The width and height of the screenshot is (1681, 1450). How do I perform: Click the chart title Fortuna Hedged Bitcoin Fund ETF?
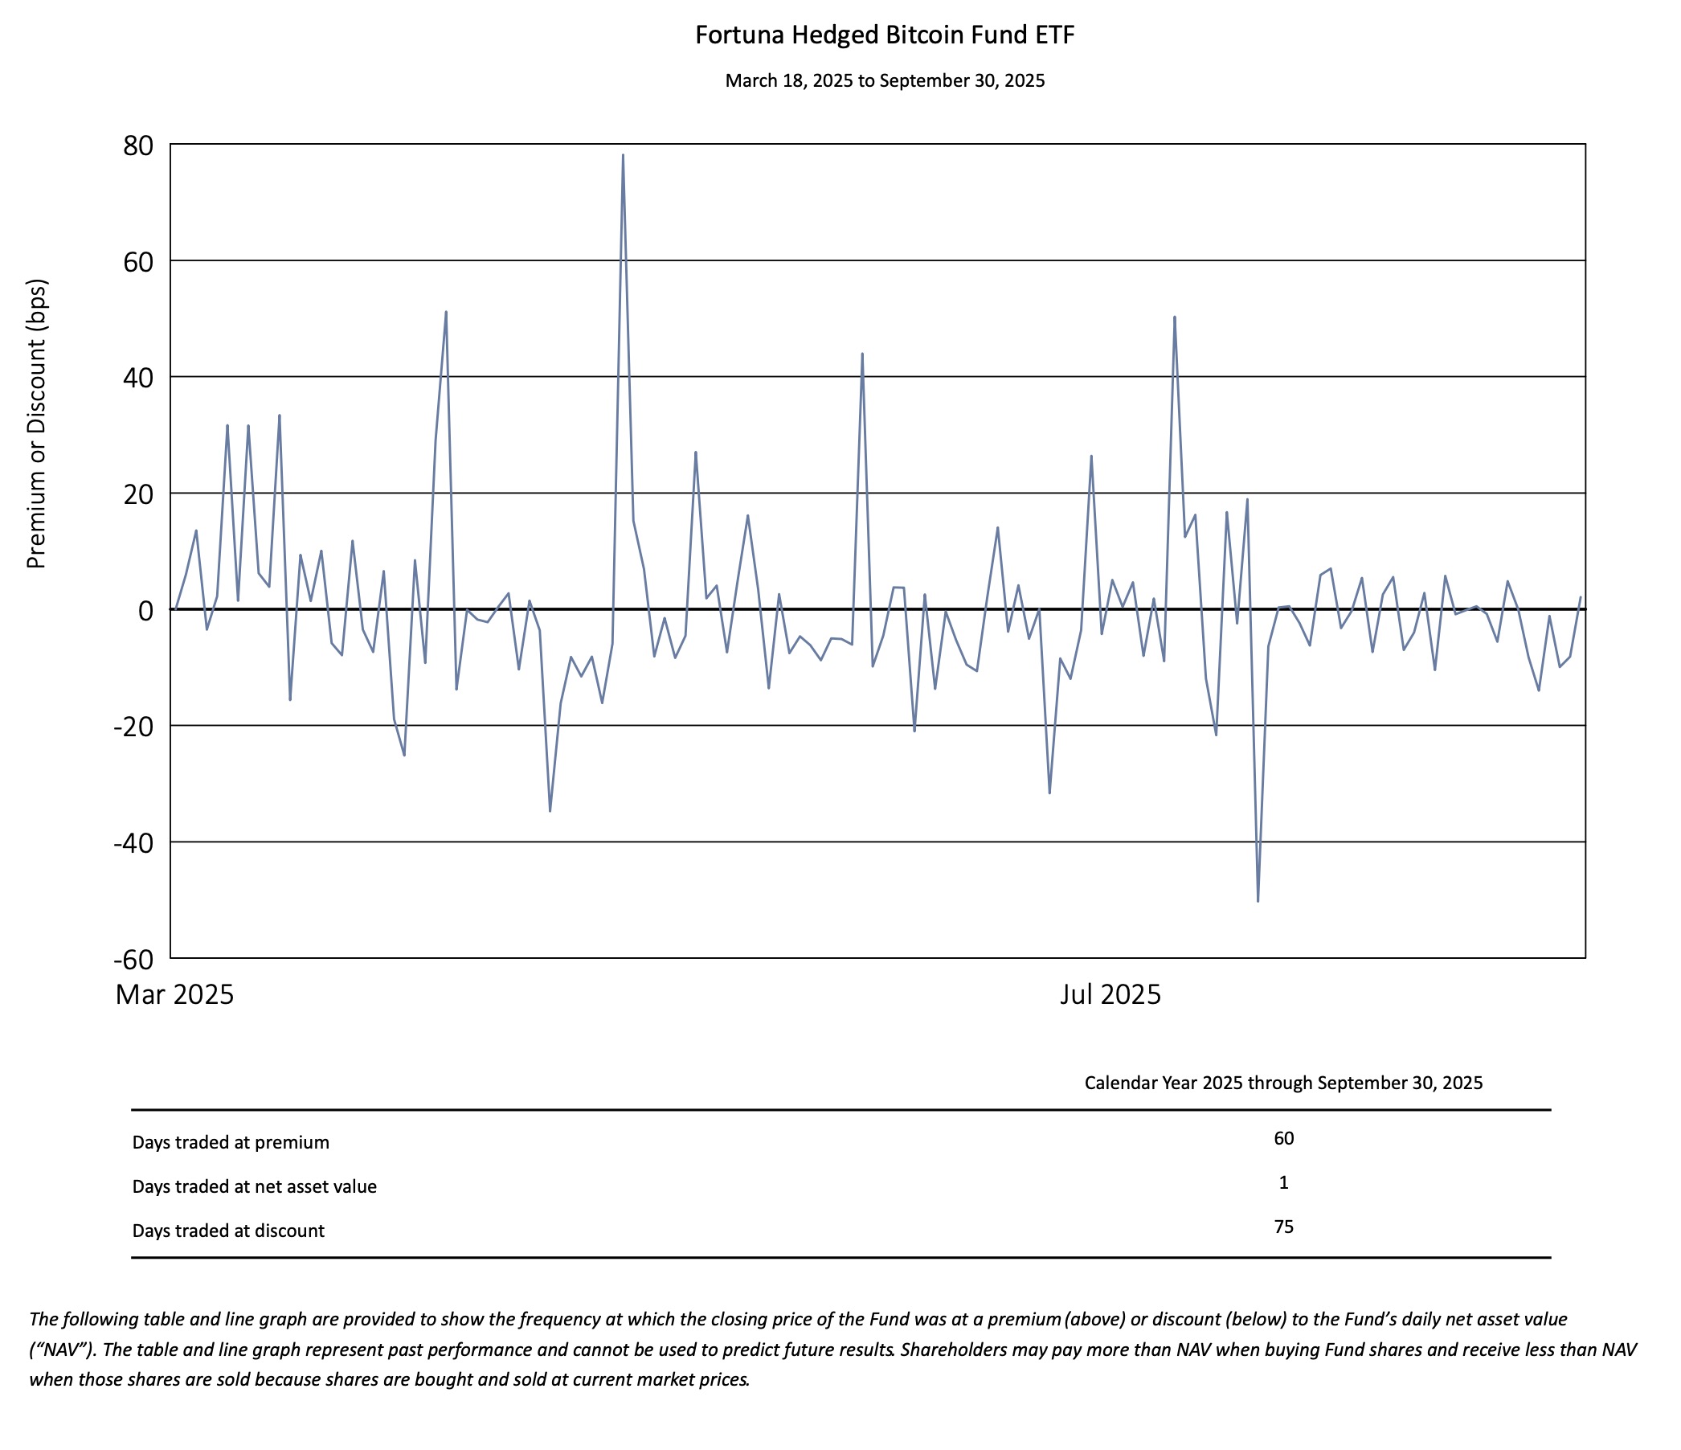(885, 35)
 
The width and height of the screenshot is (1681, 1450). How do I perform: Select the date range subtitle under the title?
(885, 81)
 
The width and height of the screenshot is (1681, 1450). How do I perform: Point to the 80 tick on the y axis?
(138, 146)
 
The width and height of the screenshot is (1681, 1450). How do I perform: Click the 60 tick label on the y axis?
(138, 262)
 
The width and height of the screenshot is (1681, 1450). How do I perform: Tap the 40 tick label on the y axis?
(138, 378)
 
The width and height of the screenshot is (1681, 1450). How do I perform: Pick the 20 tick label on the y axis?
(138, 494)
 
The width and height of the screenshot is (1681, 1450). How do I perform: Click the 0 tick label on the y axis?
(145, 611)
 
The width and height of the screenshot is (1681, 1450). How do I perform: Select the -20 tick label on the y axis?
(133, 727)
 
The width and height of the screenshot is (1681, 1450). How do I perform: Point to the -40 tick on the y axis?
(133, 844)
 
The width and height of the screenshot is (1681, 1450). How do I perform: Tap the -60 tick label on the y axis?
(133, 960)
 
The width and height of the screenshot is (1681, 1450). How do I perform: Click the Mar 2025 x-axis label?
(174, 995)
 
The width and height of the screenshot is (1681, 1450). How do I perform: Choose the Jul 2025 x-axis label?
(1110, 995)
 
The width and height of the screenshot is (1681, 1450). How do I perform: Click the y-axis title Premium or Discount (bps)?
(37, 424)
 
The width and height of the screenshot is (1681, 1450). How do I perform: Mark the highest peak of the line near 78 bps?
(623, 155)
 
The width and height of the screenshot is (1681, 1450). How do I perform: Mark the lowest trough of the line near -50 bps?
(1258, 901)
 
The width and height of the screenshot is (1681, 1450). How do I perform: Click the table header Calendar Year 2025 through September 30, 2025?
(1283, 1083)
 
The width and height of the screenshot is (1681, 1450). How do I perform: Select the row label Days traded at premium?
(231, 1142)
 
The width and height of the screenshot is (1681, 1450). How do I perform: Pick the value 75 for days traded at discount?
(1283, 1227)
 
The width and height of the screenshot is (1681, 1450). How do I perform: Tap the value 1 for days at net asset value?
(1283, 1183)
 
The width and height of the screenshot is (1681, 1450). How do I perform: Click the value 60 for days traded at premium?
(1283, 1138)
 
